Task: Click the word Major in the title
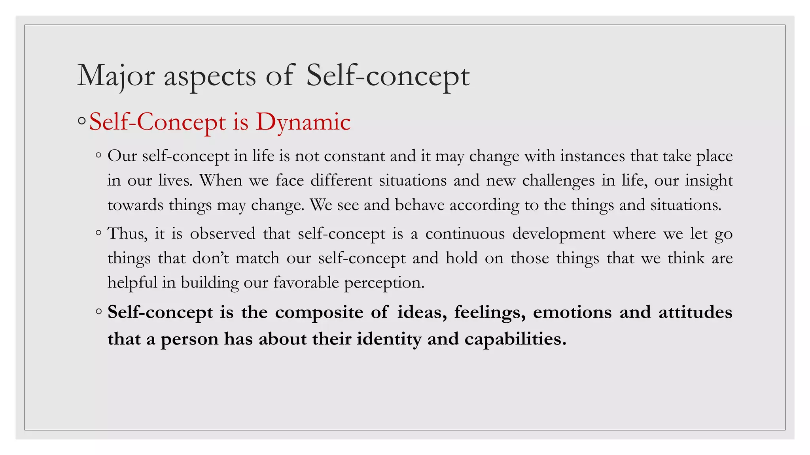click(x=115, y=75)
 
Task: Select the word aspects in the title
click(x=210, y=76)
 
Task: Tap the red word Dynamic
click(x=303, y=122)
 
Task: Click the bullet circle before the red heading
click(x=82, y=121)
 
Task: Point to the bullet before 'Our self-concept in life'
click(x=98, y=155)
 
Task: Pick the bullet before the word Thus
click(x=98, y=233)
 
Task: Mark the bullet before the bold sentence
click(x=98, y=312)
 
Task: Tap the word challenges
click(x=558, y=181)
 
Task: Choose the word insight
click(x=709, y=181)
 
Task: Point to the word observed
click(x=222, y=234)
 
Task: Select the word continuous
click(x=465, y=234)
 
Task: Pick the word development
click(x=558, y=234)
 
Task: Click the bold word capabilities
click(x=515, y=339)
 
